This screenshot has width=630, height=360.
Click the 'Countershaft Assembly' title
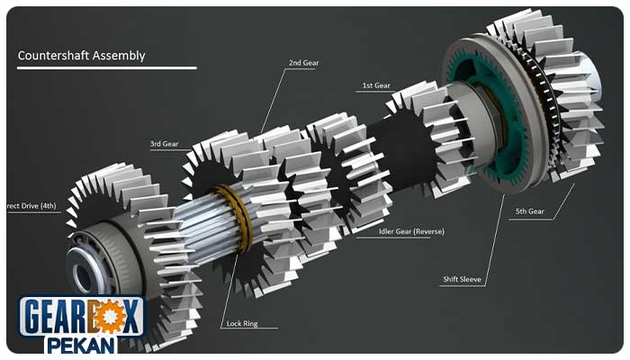click(x=81, y=56)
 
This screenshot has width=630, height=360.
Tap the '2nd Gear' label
click(x=304, y=63)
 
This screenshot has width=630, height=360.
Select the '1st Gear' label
click(x=376, y=85)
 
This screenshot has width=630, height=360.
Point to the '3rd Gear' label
click(x=164, y=144)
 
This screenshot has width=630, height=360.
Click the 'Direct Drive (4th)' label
click(x=31, y=206)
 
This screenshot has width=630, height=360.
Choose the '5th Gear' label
click(x=529, y=211)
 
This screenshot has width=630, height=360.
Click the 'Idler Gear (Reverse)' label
click(x=411, y=231)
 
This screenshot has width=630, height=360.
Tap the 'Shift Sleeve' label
click(x=462, y=279)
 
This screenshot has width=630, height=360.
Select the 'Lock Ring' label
click(x=242, y=323)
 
